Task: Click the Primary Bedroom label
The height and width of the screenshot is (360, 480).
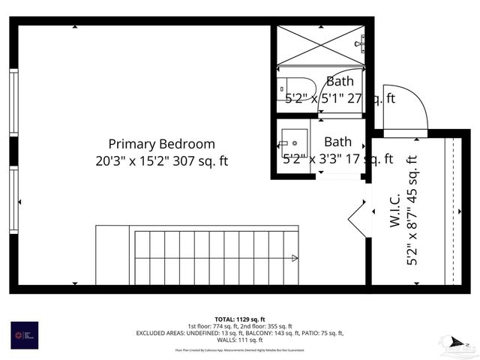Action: click(x=161, y=143)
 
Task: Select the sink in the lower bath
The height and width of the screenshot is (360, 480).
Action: click(x=294, y=139)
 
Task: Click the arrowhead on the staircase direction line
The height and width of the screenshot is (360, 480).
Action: click(x=295, y=259)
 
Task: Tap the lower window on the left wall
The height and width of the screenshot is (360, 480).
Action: click(x=13, y=199)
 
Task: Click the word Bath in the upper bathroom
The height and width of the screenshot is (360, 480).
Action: click(x=340, y=81)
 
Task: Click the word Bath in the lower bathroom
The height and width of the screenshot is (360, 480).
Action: click(x=337, y=141)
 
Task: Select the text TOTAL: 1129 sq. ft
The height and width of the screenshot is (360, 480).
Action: click(x=240, y=319)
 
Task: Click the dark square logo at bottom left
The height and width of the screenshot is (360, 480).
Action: click(x=25, y=334)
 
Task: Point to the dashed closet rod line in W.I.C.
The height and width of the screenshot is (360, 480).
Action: click(x=452, y=210)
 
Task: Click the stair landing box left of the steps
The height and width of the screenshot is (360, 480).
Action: click(x=114, y=255)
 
